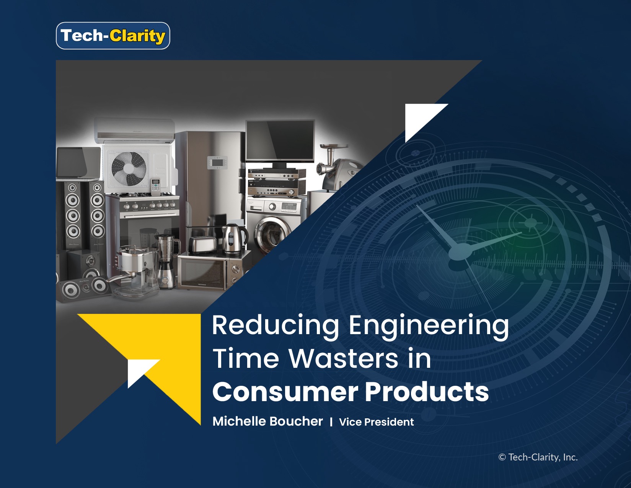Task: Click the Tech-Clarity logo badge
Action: [x=113, y=36]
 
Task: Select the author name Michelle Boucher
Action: [x=267, y=421]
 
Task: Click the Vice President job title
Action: [x=376, y=422]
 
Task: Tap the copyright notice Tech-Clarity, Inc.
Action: [x=538, y=457]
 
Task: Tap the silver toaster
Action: [x=202, y=245]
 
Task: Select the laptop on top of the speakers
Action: [x=78, y=163]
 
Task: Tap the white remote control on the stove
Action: [x=156, y=187]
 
